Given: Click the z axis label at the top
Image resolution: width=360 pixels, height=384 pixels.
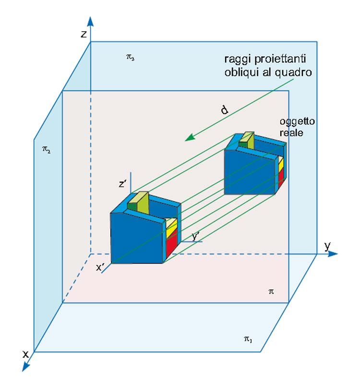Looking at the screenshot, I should click(84, 34).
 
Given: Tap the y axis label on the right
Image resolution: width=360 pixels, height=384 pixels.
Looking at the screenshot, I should click(327, 246).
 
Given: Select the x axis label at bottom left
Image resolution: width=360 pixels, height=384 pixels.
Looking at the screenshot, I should click(25, 354).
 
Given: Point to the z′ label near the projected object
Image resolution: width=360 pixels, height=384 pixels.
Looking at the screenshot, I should click(123, 184).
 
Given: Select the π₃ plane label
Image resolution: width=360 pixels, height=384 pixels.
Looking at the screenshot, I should click(131, 57).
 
